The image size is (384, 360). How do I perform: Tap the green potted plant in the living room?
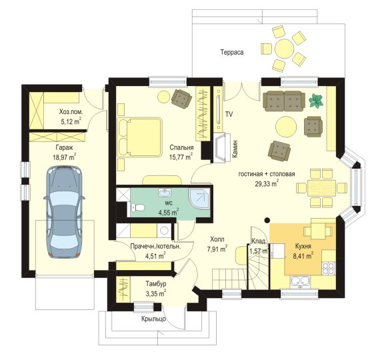coord(316,101)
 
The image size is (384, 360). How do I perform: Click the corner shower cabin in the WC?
coord(199,199)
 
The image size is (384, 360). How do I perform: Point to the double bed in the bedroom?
coord(139,137)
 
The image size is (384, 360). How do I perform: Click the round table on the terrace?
coord(284,49)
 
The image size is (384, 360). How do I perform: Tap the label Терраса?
coord(232,52)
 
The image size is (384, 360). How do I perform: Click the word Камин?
coord(235,149)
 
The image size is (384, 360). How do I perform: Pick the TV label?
coord(229,114)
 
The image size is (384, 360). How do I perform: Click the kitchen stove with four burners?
coord(329,268)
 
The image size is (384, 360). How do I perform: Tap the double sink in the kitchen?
coord(300,281)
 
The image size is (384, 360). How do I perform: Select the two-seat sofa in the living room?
coord(284,101)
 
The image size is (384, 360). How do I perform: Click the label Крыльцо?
coord(153,319)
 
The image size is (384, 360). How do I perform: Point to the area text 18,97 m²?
coord(65,157)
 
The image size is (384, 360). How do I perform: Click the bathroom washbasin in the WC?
coord(166,193)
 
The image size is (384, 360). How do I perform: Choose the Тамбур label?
coord(156,284)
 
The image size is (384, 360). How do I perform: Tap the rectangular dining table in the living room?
coord(321,188)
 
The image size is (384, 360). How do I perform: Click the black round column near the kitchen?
coord(267,220)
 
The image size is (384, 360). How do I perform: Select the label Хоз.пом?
coord(71,112)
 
